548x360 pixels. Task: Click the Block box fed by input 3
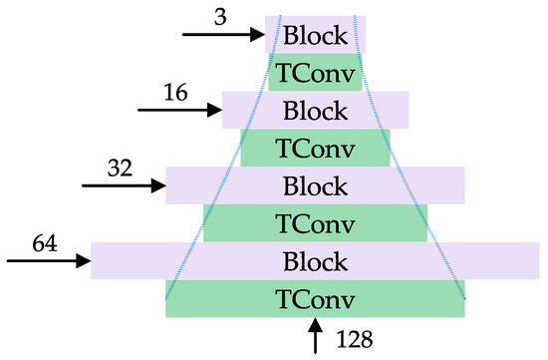(315, 35)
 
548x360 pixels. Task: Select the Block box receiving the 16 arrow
(315, 110)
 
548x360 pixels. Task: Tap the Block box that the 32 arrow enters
(315, 185)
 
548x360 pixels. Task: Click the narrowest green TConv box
(315, 73)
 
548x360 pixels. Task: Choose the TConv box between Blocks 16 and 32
(315, 148)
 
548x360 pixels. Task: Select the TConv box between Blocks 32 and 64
(315, 223)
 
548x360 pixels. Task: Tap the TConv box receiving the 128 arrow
(315, 299)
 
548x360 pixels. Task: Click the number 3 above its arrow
(218, 17)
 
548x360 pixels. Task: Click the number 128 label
(354, 339)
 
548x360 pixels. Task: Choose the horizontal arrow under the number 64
(50, 261)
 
